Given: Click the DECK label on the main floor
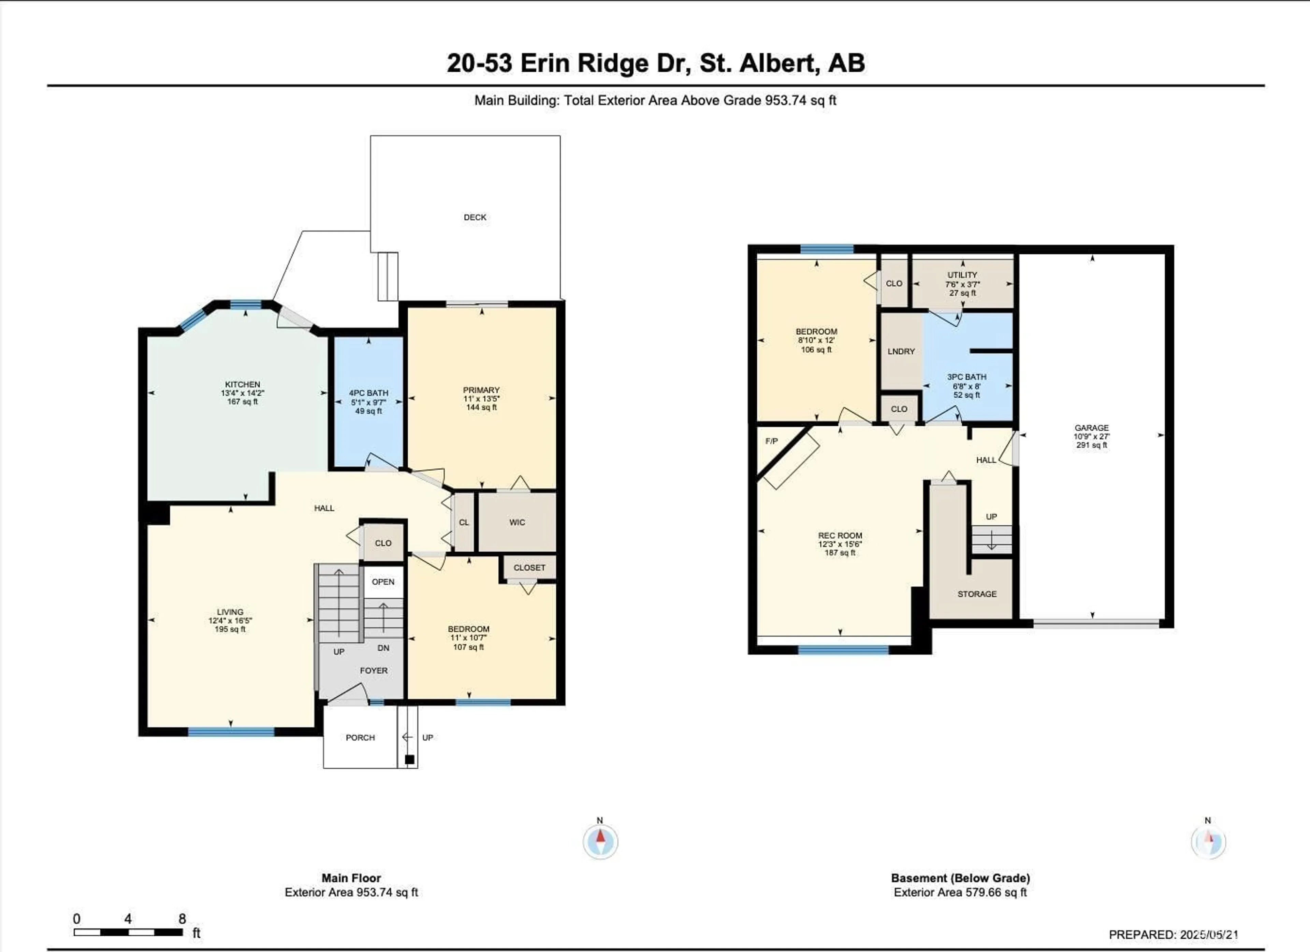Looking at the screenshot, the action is point(475,217).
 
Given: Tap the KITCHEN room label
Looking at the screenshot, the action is point(243,384).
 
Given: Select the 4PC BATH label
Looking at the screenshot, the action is point(368,393).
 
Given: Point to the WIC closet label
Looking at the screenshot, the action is point(517,523).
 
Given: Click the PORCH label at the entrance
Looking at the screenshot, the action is point(361,738).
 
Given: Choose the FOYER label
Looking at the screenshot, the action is point(374,670).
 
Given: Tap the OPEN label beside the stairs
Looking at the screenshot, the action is point(383,582).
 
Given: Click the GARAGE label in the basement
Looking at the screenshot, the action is point(1092,428).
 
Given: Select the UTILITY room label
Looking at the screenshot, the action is point(962,275).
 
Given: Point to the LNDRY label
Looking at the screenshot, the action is point(901,352).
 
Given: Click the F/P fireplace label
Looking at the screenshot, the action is point(772,441).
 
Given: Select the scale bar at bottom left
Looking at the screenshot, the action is point(128,932).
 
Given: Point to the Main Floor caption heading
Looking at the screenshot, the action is point(351,878).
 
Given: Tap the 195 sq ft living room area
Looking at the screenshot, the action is point(230,629).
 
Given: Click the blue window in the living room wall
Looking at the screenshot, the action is point(231,732).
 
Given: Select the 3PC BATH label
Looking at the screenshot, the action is point(966,377).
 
